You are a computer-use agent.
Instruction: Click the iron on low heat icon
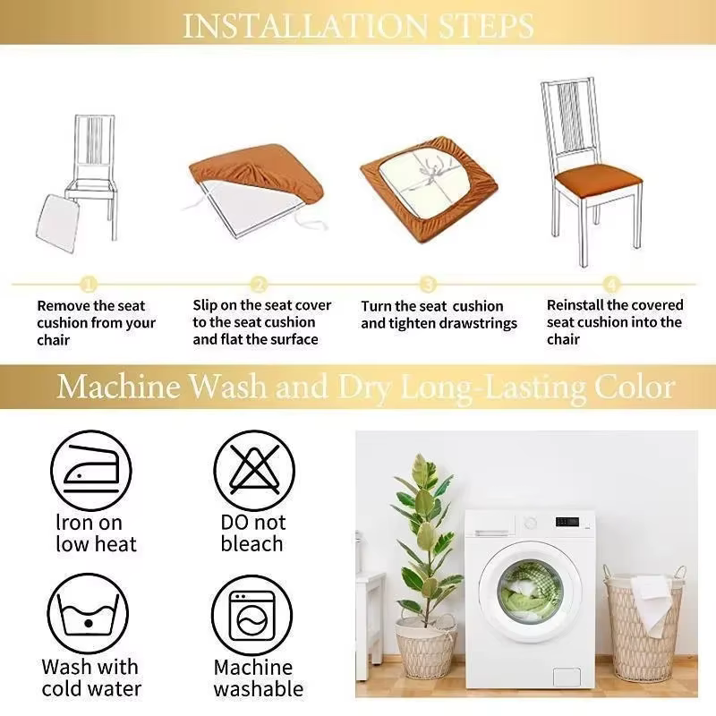(x=91, y=471)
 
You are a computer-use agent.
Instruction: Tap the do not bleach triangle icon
(x=254, y=471)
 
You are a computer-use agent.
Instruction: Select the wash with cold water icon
(x=88, y=614)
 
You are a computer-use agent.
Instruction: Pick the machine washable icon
(x=252, y=616)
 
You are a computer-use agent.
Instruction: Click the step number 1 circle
(x=89, y=284)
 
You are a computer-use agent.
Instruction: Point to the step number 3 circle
(x=428, y=284)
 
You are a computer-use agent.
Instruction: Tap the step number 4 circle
(x=612, y=284)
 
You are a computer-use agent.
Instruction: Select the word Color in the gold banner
(x=635, y=388)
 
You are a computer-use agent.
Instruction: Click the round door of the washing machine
(x=530, y=592)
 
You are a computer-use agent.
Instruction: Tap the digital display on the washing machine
(x=567, y=522)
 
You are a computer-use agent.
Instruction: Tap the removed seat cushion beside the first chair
(x=58, y=223)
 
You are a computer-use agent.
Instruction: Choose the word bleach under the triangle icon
(x=251, y=544)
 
